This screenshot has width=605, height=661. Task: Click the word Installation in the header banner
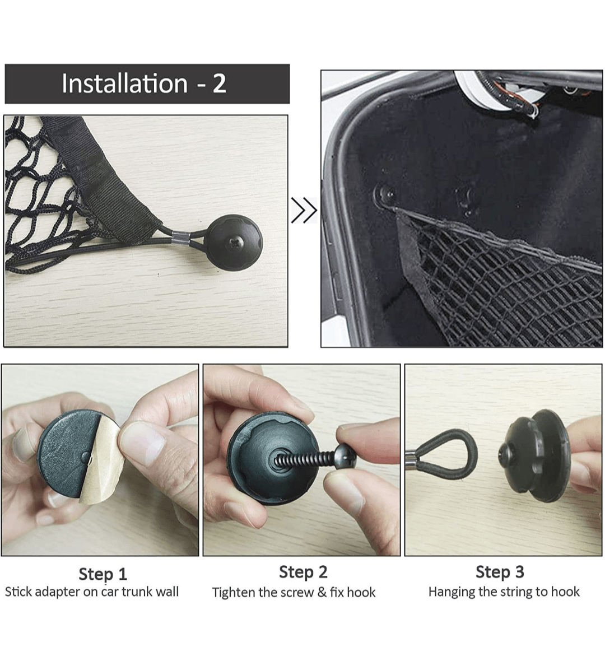tap(124, 83)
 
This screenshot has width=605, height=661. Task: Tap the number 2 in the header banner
tap(219, 83)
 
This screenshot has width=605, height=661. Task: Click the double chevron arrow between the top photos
tap(304, 210)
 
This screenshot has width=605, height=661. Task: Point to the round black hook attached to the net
tap(234, 241)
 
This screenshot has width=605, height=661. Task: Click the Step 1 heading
tap(103, 574)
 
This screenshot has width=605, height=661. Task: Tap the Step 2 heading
tap(303, 571)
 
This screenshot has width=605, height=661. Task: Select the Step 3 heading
tap(500, 571)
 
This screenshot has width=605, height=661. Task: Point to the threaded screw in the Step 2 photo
tap(314, 459)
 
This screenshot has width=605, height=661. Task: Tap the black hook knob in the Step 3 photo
tap(534, 455)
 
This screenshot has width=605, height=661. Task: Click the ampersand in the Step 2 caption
tap(322, 592)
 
